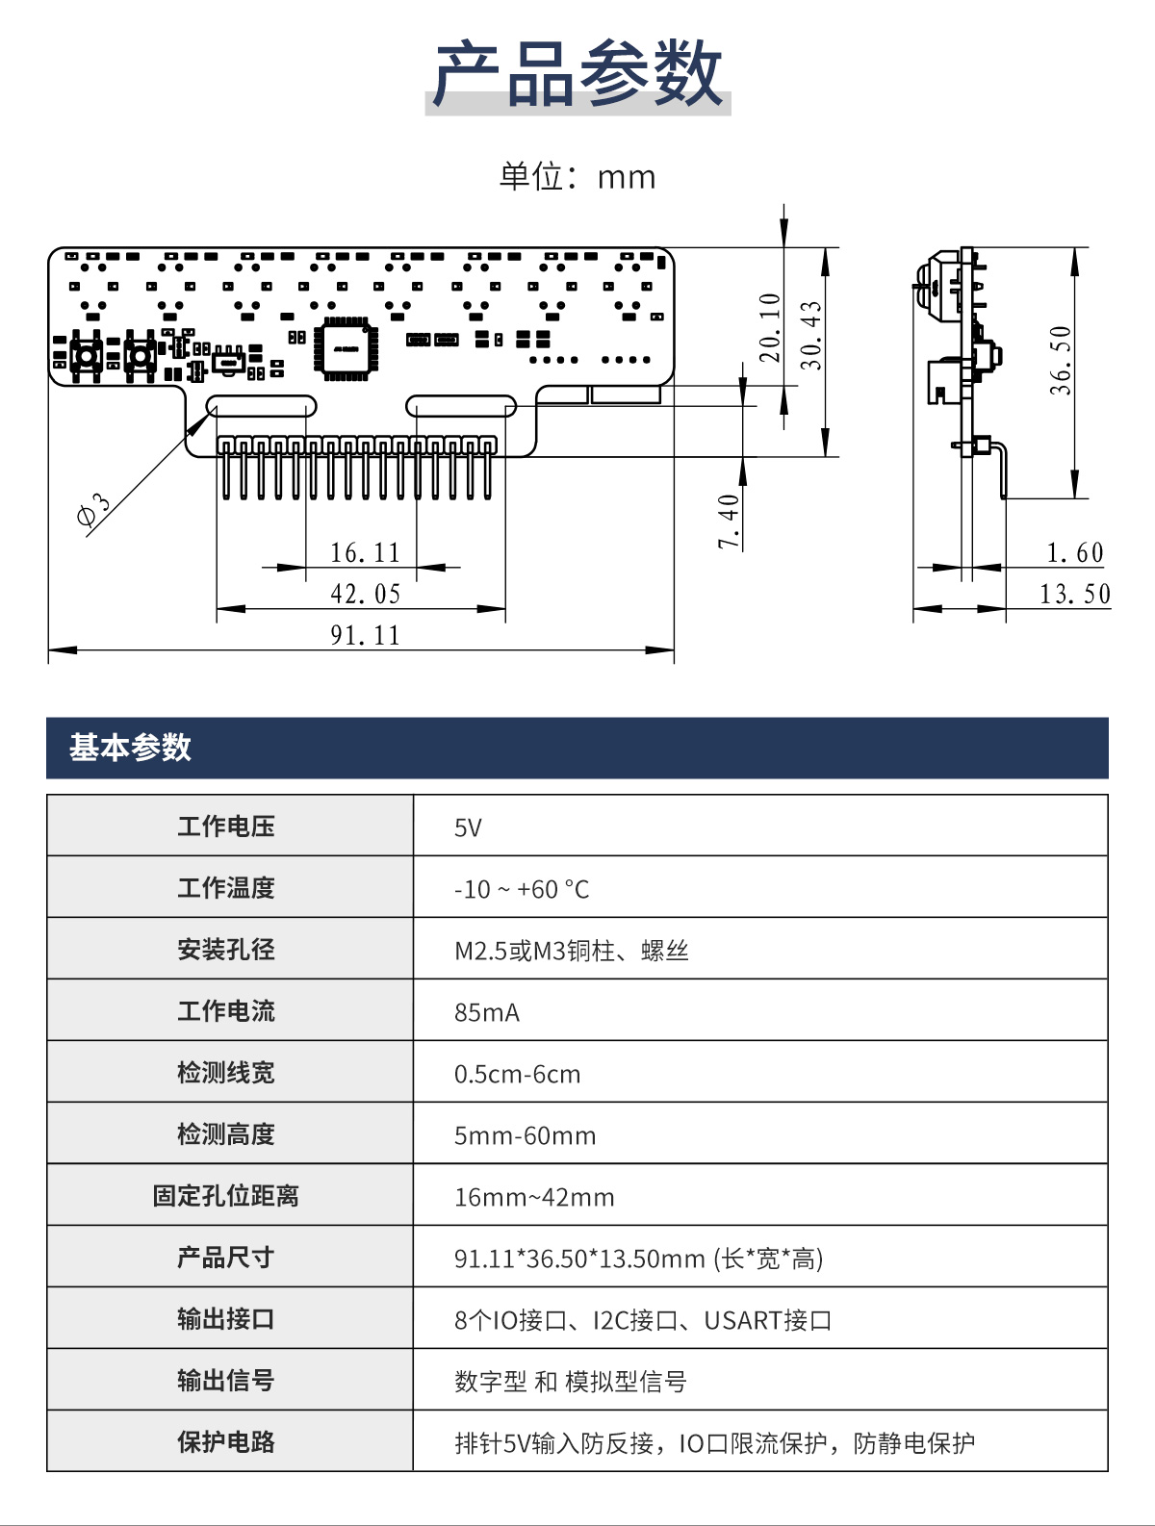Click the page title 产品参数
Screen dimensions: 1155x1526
pyautogui.click(x=577, y=74)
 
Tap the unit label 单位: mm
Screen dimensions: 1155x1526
pyautogui.click(x=577, y=177)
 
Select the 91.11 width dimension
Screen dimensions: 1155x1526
pyautogui.click(x=365, y=635)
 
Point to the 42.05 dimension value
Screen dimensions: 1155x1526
pyautogui.click(x=365, y=594)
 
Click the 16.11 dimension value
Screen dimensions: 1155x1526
pyautogui.click(x=365, y=552)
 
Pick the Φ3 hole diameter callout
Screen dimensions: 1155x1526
pyautogui.click(x=93, y=510)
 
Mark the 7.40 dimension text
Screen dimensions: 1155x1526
pyautogui.click(x=728, y=521)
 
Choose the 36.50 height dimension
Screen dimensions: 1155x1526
pyautogui.click(x=1061, y=360)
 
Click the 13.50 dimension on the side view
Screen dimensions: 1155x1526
pyautogui.click(x=1074, y=594)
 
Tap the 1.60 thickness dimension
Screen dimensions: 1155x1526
pyautogui.click(x=1075, y=552)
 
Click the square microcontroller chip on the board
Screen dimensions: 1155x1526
pyautogui.click(x=346, y=348)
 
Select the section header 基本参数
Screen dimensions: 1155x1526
pyautogui.click(x=130, y=748)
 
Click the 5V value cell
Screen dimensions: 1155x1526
pyautogui.click(x=468, y=827)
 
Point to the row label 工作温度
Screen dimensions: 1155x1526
pyautogui.click(x=226, y=888)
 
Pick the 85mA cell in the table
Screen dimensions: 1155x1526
pyautogui.click(x=487, y=1012)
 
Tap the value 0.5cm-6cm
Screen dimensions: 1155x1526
pyautogui.click(x=518, y=1074)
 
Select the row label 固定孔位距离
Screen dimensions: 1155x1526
pyautogui.click(x=226, y=1196)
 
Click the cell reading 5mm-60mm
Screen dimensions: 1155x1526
pyautogui.click(x=525, y=1135)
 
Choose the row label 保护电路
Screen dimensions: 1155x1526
pyautogui.click(x=226, y=1442)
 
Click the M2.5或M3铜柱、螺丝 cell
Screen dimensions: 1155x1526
pyautogui.click(x=571, y=951)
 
